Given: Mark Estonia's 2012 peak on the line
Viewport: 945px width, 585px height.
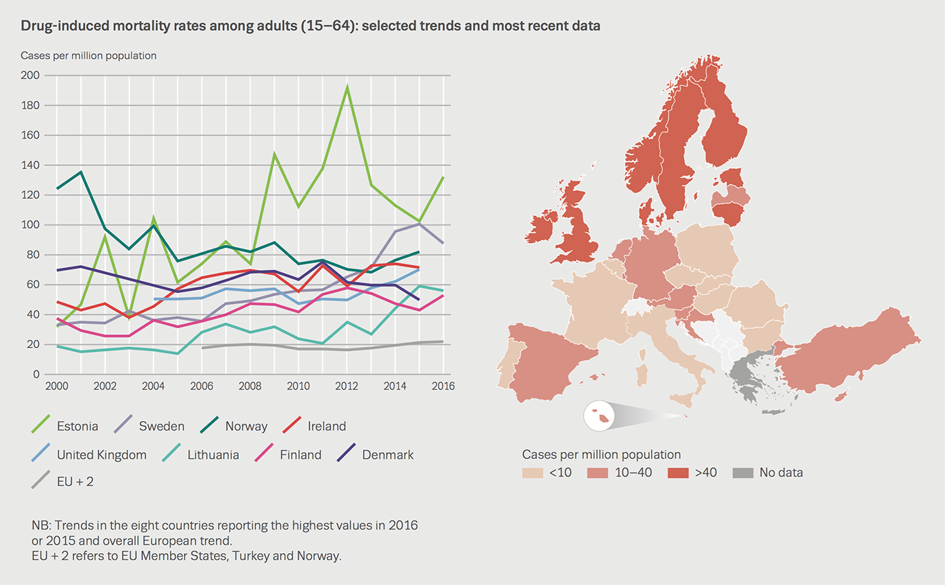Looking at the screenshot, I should tap(347, 87).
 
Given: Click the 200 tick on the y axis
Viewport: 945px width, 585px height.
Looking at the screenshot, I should tap(31, 75).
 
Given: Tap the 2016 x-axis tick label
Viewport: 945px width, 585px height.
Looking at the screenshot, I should tap(443, 386).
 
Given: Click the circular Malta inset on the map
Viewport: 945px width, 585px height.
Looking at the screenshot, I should tap(597, 415).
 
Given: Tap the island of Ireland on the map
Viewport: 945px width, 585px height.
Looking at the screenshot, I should tap(541, 228).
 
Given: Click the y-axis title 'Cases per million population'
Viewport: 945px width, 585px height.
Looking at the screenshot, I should tap(89, 55).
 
